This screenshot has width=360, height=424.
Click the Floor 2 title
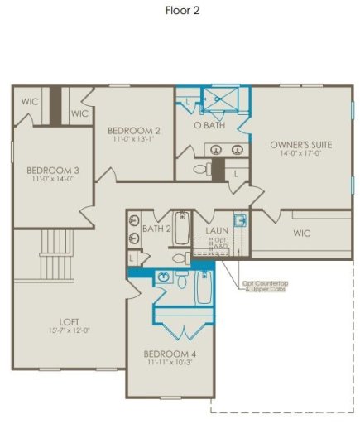pos(180,12)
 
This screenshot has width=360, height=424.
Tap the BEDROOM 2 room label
pos(133,131)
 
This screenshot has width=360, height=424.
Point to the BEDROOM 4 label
pos(170,354)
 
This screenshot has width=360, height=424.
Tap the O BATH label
pos(210,126)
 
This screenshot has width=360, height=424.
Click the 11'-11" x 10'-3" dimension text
pos(170,362)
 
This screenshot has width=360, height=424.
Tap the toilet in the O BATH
pos(201,168)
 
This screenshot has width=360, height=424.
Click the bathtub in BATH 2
pos(181,229)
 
